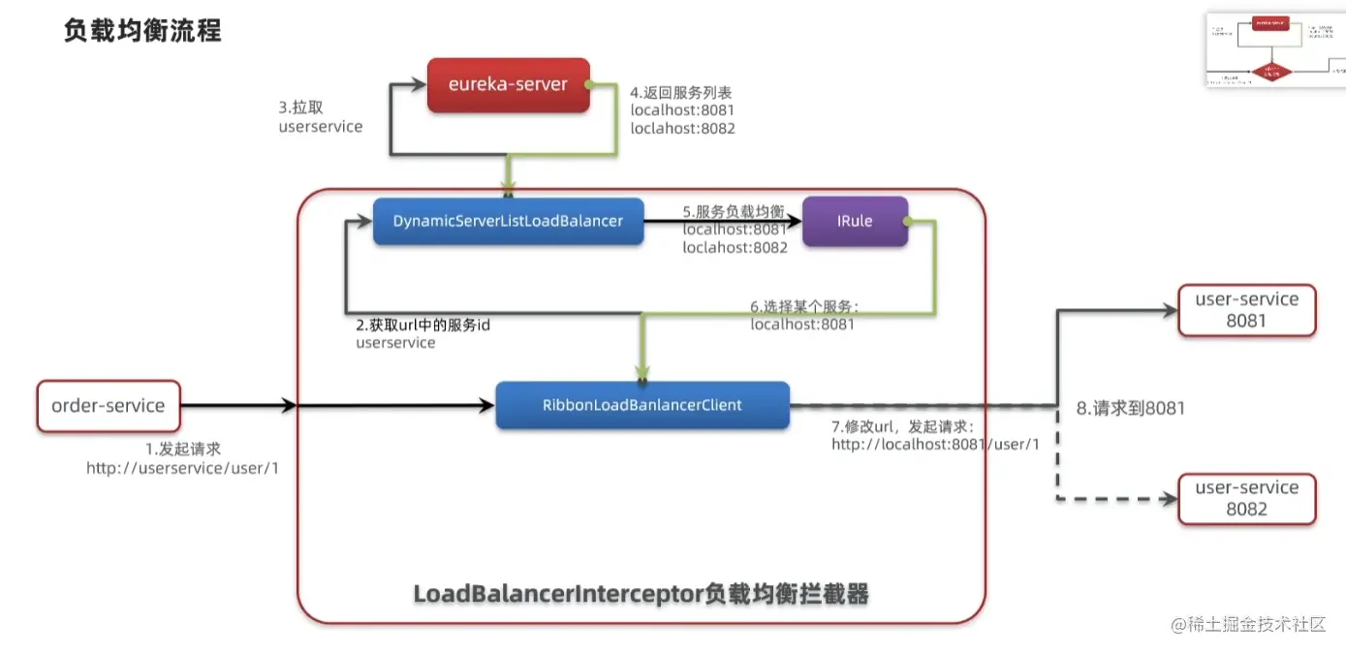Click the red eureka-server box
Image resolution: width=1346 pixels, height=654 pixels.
508,85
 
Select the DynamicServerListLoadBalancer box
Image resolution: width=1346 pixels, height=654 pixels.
508,221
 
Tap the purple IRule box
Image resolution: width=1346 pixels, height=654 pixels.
855,221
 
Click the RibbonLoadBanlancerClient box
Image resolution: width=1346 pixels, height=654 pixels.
642,405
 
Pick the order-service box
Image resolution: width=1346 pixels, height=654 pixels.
109,406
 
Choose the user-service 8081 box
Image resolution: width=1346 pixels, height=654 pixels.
1246,310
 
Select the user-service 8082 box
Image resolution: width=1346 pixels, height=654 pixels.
1246,498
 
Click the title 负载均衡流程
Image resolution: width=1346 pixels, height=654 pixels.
142,31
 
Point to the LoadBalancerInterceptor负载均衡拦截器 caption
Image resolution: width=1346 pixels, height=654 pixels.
641,593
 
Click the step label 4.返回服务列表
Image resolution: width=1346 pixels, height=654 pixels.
681,93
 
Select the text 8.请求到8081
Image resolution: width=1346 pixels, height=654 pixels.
1131,408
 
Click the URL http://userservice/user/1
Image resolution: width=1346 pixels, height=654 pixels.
182,468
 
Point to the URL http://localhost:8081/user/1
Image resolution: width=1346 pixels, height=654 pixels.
935,444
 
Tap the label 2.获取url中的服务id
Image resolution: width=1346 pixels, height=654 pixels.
423,325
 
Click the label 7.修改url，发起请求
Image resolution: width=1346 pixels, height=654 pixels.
902,426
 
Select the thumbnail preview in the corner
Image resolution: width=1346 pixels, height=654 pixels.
1275,50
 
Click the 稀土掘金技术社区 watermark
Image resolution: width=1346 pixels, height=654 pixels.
1248,625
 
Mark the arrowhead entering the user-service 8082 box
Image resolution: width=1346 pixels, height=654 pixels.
1167,500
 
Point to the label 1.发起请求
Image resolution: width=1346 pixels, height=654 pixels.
182,449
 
